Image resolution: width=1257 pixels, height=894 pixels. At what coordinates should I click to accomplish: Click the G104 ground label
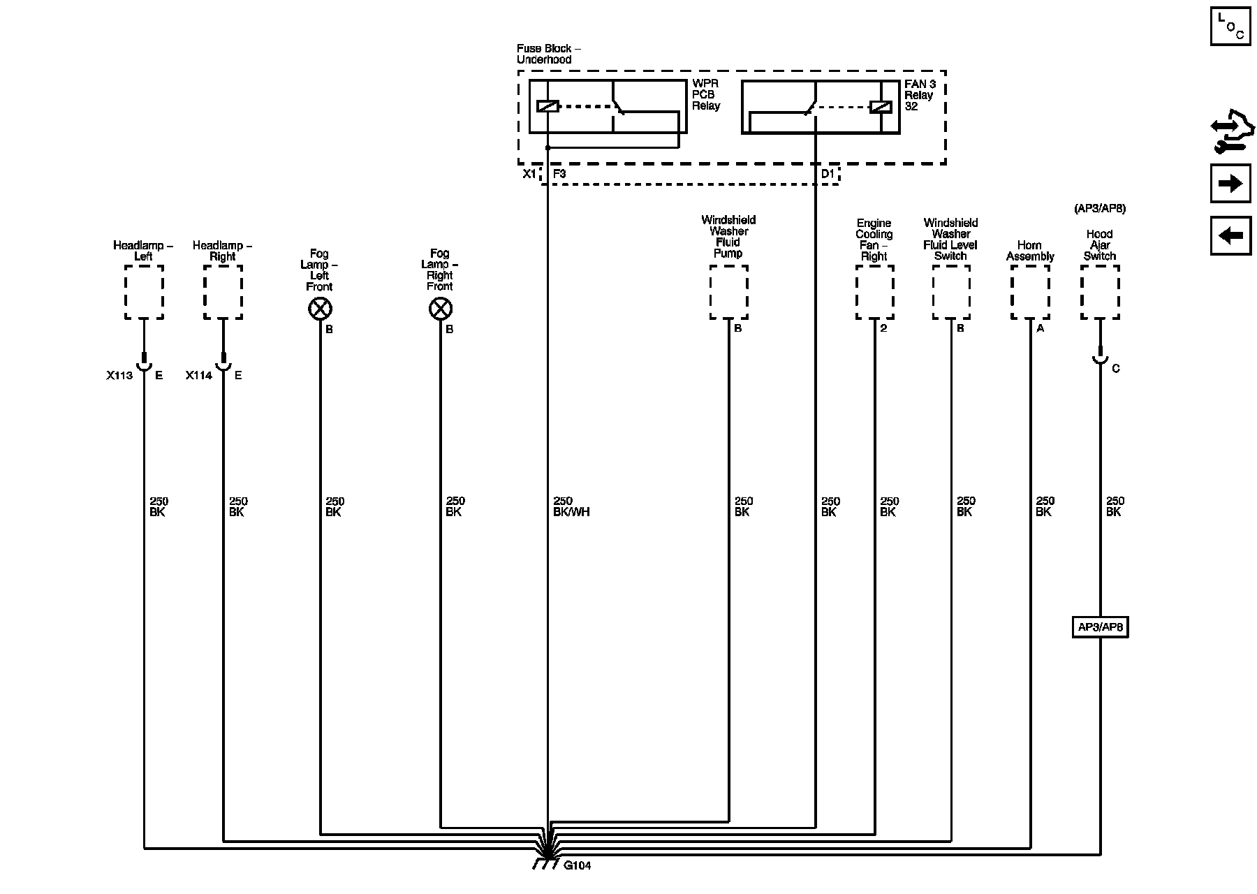click(577, 866)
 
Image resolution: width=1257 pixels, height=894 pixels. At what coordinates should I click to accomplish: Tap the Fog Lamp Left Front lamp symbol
click(320, 308)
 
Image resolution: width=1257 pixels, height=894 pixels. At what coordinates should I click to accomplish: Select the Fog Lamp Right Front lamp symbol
click(440, 308)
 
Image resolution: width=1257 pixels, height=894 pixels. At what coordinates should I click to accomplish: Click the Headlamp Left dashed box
click(144, 292)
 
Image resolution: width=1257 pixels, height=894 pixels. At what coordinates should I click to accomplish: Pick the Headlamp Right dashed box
click(223, 292)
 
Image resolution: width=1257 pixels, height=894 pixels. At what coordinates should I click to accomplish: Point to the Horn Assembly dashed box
click(1030, 292)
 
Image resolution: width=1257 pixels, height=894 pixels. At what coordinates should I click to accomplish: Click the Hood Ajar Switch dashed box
click(1100, 292)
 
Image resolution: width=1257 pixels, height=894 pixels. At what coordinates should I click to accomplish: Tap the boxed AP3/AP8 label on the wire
click(1100, 627)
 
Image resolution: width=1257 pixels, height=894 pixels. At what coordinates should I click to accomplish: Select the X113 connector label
click(119, 375)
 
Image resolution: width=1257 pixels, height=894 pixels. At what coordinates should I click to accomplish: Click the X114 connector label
click(198, 375)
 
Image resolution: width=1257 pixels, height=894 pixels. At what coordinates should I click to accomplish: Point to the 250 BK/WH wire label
click(571, 506)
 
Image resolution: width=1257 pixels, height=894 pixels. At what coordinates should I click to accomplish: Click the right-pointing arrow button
click(1230, 184)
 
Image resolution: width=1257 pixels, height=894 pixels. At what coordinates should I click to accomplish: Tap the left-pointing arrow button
click(1230, 235)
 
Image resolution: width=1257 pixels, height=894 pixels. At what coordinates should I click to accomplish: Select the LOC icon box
click(1230, 27)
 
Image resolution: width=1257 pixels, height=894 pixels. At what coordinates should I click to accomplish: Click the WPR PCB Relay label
click(706, 95)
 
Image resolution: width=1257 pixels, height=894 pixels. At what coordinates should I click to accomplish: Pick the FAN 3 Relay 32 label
click(920, 95)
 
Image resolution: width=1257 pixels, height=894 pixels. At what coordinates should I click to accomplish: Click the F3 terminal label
click(559, 174)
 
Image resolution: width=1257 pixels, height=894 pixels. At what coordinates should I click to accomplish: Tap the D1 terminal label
click(827, 174)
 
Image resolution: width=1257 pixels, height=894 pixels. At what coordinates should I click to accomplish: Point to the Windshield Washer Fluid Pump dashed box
click(728, 292)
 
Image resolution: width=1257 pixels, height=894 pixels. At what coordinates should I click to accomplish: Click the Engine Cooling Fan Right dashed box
click(874, 292)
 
